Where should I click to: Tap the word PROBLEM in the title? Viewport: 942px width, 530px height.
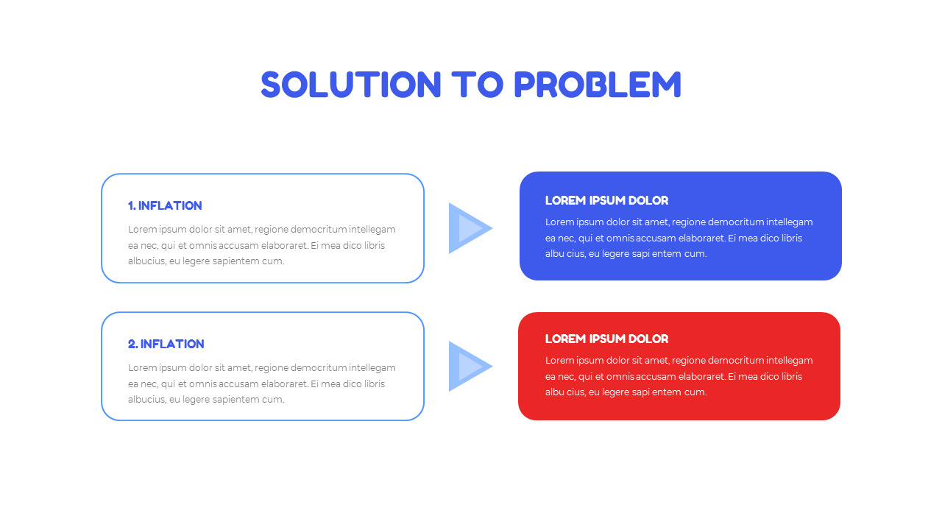coord(597,85)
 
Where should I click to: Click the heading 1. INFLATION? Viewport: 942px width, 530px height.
coord(165,205)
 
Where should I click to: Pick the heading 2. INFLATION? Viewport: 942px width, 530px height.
coord(166,344)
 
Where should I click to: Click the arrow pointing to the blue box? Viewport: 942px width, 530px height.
coord(468,228)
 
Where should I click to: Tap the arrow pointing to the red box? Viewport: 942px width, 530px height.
coord(468,367)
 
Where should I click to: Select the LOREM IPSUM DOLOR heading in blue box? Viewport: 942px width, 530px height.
coord(606,200)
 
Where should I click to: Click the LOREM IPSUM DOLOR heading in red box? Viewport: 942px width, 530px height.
coord(606,339)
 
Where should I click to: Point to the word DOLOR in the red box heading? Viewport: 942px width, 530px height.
coord(648,339)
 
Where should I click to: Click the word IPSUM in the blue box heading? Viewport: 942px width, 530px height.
coord(606,200)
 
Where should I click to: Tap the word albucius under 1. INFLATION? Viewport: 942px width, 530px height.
coord(146,261)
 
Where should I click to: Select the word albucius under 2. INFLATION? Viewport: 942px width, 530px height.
coord(146,400)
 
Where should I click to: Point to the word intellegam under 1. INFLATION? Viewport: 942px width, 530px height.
coord(372,229)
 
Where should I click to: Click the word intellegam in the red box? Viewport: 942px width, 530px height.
coord(789,360)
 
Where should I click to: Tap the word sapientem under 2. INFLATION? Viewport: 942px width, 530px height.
coord(237,400)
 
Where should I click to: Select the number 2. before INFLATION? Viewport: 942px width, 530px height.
coord(132,344)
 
